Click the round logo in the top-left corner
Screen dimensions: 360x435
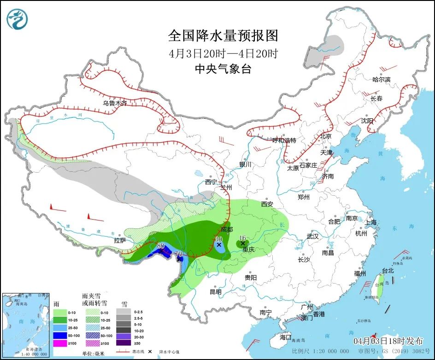coord(18,19)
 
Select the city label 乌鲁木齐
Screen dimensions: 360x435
coord(115,104)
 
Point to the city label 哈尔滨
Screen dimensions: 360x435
coord(381,80)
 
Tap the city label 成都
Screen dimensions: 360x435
coord(227,229)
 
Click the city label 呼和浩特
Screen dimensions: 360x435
coord(284,140)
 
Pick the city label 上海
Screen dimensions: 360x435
coord(370,222)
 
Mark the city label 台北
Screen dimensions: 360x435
coord(388,271)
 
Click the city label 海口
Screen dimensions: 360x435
coord(286,337)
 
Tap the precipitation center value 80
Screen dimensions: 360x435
coord(161,246)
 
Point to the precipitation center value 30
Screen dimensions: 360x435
coord(218,239)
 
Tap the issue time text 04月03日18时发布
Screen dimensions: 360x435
coord(388,341)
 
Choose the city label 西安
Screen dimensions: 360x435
coord(267,204)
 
